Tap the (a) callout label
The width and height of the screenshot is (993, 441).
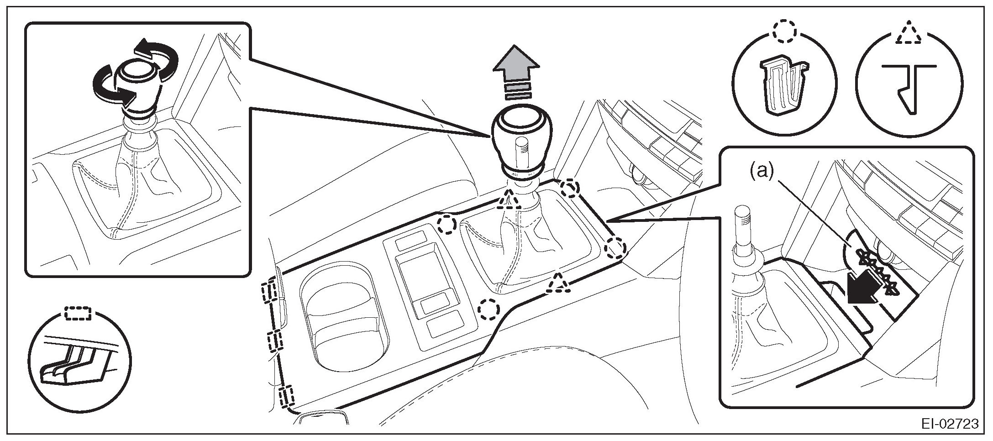click(x=760, y=171)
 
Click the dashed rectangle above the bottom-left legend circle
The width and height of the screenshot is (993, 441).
click(x=78, y=313)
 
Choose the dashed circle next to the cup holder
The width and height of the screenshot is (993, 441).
click(x=489, y=310)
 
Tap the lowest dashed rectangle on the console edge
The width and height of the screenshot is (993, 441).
click(x=287, y=397)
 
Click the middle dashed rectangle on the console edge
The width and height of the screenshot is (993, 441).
click(x=275, y=341)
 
